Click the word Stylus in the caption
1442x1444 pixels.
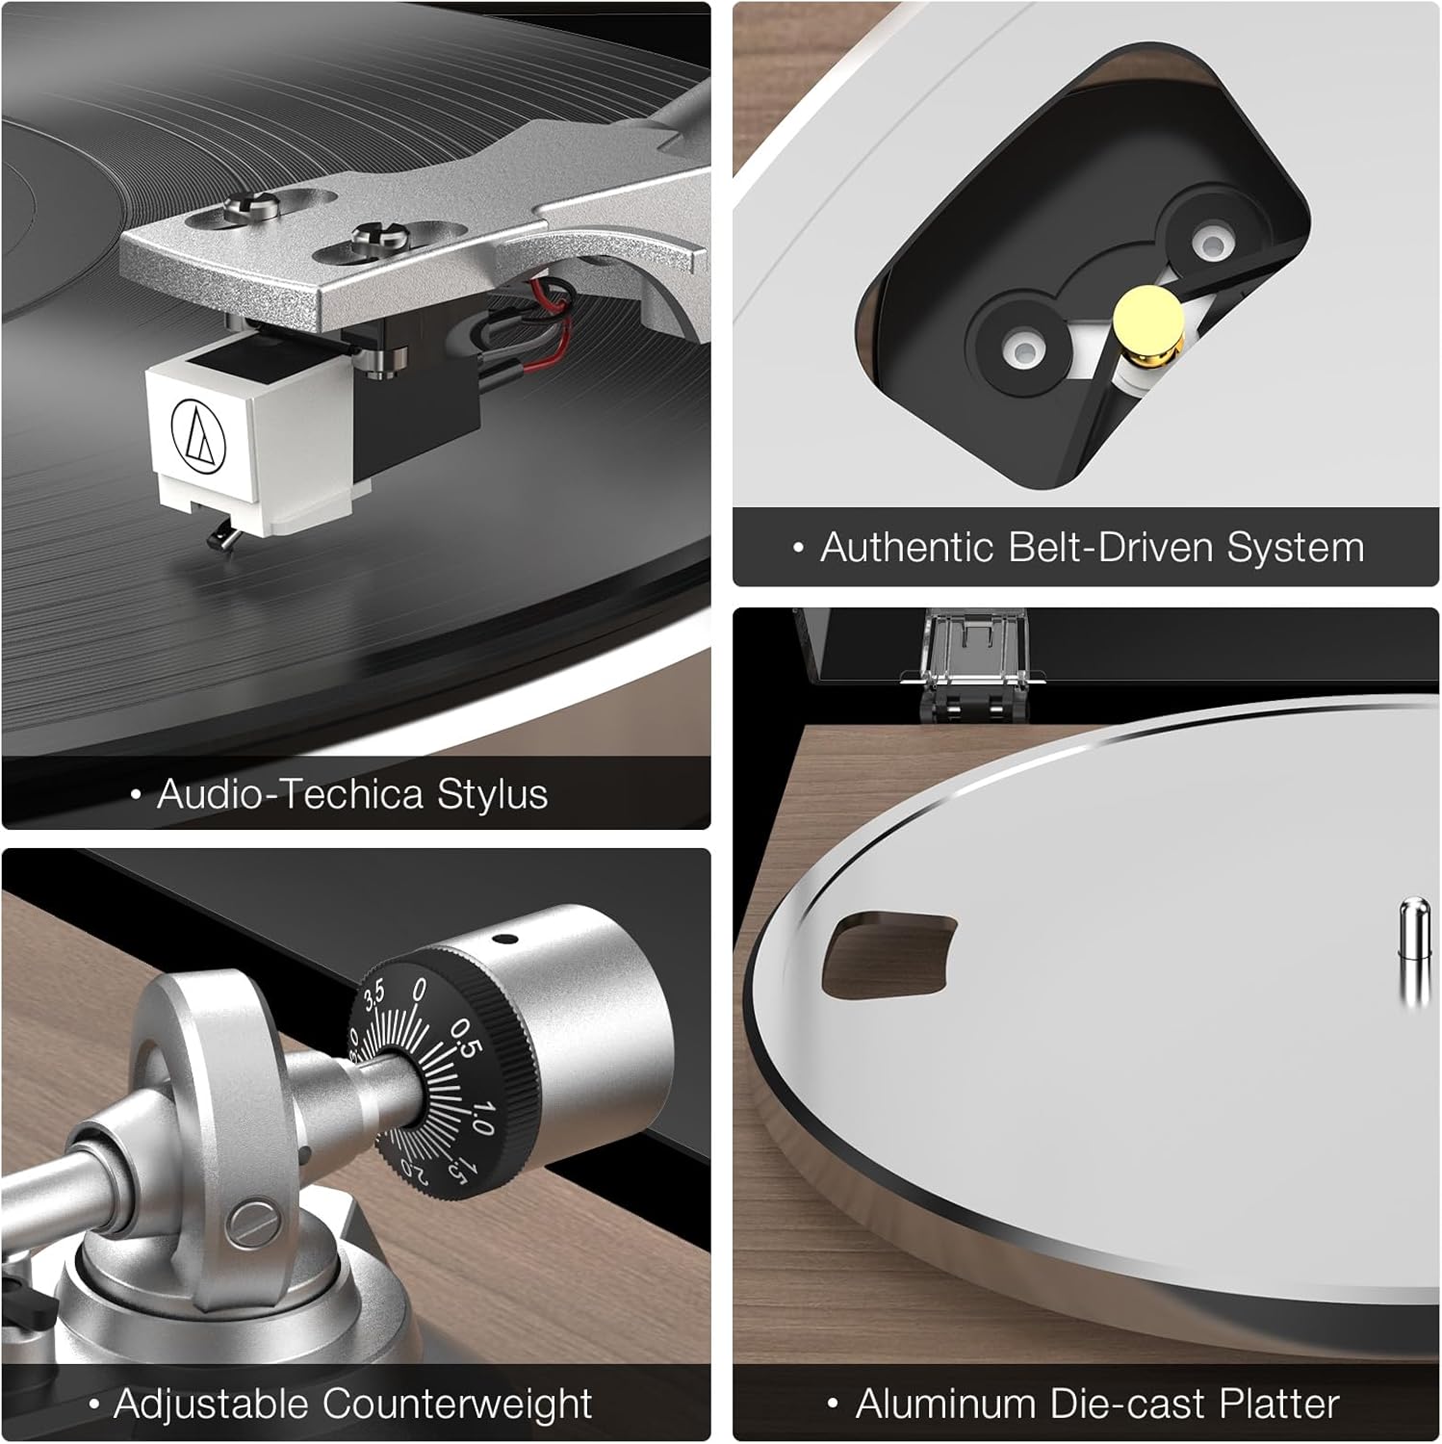click(x=492, y=795)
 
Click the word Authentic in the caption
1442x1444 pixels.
click(x=907, y=547)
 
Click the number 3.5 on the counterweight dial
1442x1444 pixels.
click(x=373, y=994)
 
